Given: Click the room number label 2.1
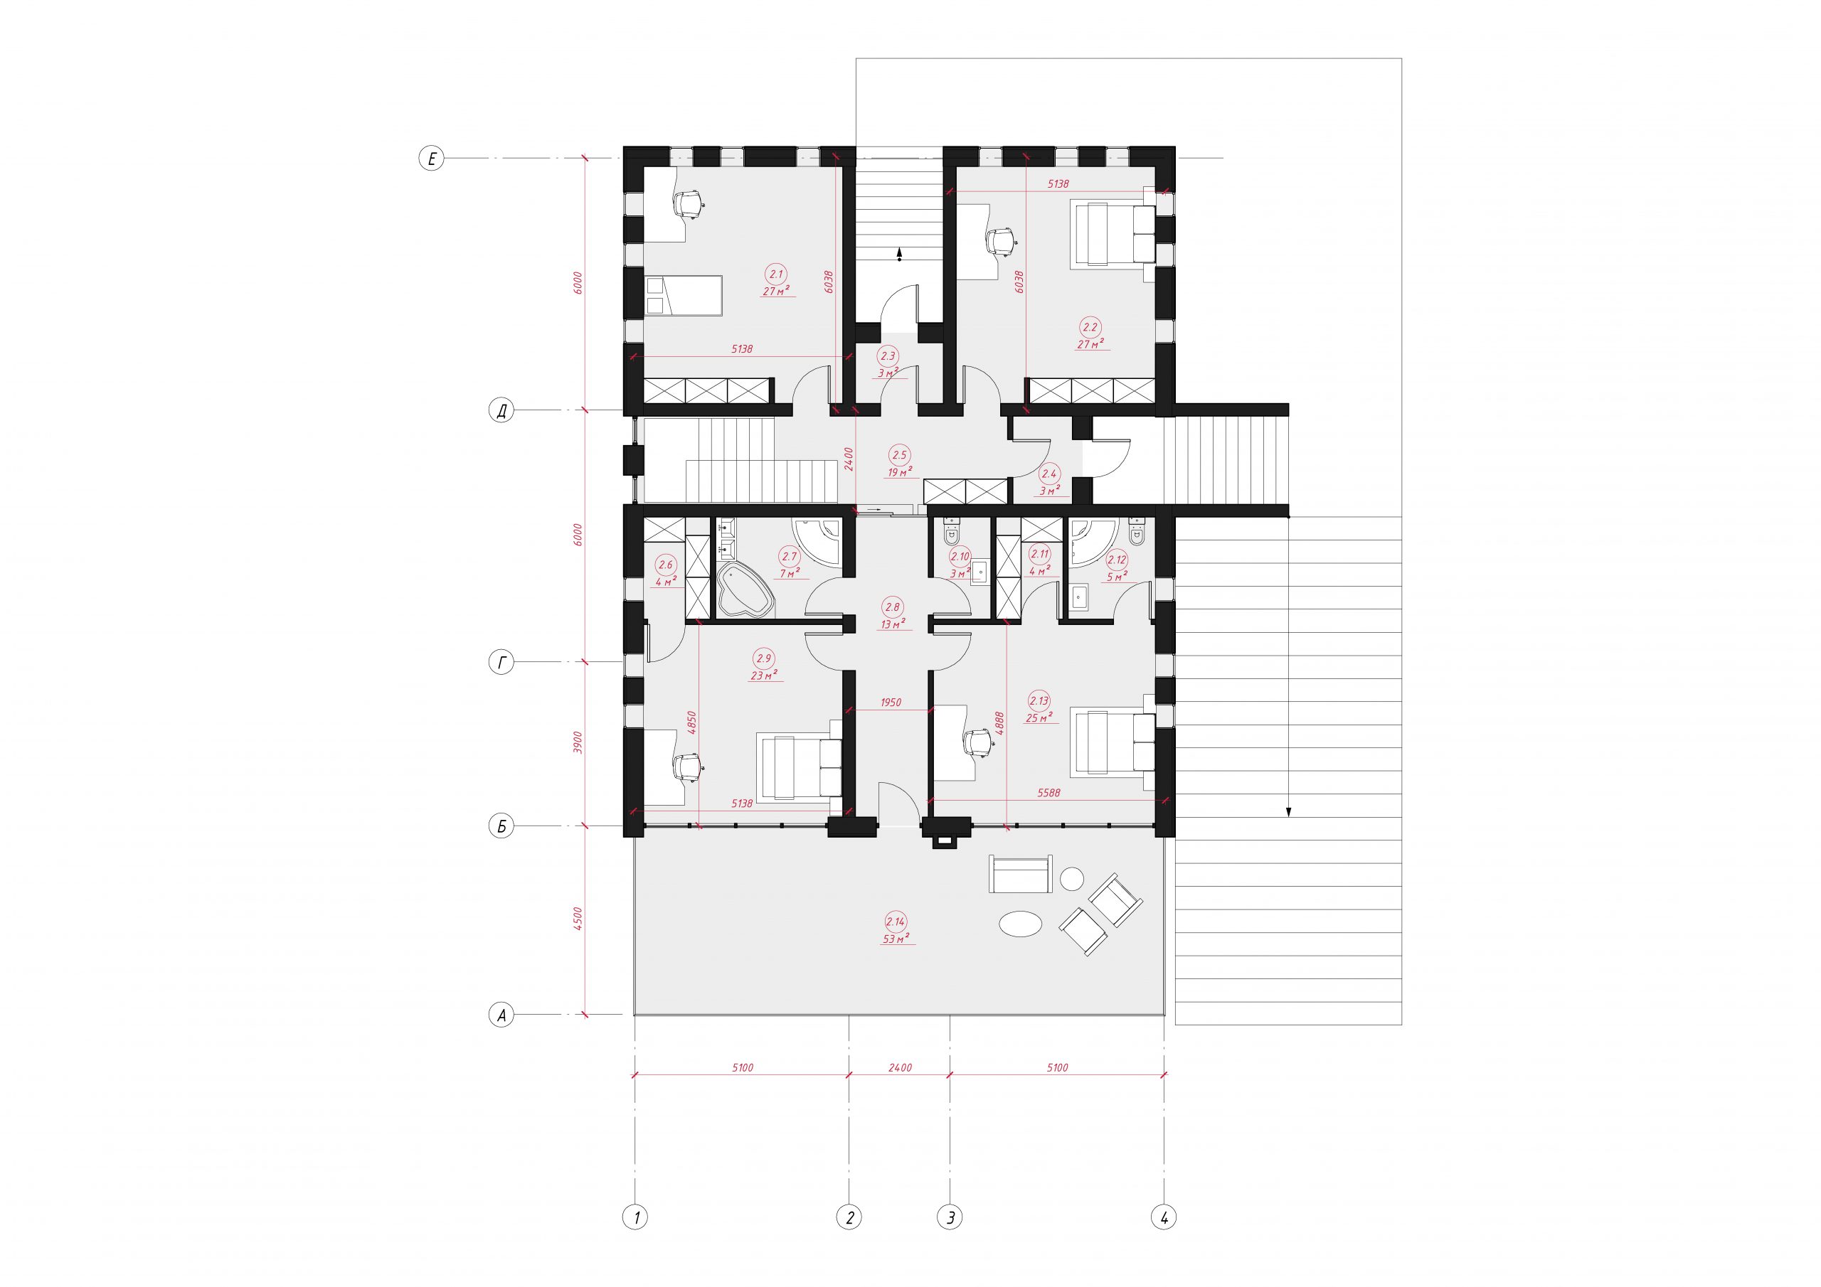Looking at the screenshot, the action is [x=775, y=274].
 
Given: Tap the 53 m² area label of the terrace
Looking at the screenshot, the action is [x=896, y=939].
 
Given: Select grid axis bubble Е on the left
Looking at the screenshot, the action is [x=432, y=159].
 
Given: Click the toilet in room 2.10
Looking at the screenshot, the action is [x=951, y=530].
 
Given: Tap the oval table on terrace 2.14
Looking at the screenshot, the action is [x=1020, y=923].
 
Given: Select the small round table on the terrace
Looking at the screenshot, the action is [x=1072, y=879].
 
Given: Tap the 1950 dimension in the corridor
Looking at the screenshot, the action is [x=891, y=703].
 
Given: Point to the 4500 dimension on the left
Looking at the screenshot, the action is [x=578, y=920].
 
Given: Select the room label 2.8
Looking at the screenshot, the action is [x=892, y=607].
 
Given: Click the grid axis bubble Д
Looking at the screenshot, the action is [x=501, y=411].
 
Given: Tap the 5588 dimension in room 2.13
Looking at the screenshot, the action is [x=1048, y=792].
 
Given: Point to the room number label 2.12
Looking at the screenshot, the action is [x=1117, y=560].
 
